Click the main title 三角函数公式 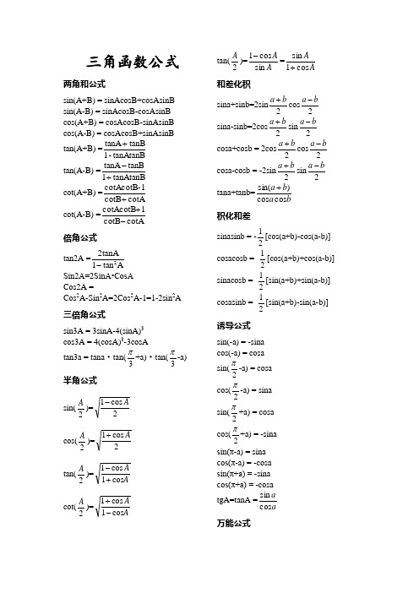click(x=133, y=61)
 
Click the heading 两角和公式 click(x=84, y=84)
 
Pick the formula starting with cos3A click(x=104, y=341)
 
